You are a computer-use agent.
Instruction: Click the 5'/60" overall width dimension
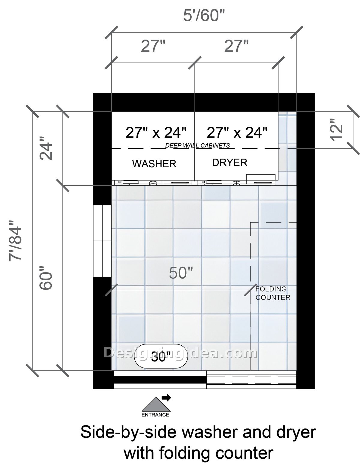tap(204, 16)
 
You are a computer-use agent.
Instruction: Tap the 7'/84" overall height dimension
tap(15, 240)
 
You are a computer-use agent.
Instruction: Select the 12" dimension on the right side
tap(337, 130)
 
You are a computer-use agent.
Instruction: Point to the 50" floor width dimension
tap(181, 273)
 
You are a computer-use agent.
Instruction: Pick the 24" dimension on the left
tap(46, 148)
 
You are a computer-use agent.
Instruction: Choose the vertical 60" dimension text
tap(46, 278)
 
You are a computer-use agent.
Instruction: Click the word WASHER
tap(154, 164)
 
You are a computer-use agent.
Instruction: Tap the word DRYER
tap(230, 162)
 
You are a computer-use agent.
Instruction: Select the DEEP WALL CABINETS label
tap(198, 146)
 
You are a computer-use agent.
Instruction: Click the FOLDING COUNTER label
tap(273, 293)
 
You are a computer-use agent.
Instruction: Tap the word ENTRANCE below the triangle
tap(155, 415)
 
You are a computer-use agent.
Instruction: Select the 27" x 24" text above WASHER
tap(156, 133)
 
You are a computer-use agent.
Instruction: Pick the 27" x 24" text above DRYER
tap(237, 133)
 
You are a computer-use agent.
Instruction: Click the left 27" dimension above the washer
tap(153, 46)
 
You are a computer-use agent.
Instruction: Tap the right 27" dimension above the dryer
tap(236, 46)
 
